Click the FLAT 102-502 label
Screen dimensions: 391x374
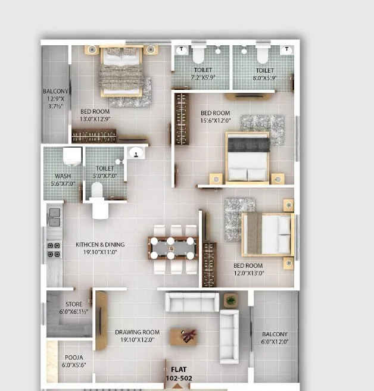coord(179,374)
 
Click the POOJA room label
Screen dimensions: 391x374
coord(74,361)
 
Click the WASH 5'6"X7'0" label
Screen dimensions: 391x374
coord(63,180)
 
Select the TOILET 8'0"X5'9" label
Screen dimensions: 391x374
coord(261,74)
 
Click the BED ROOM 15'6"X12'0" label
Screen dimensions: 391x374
coord(215,117)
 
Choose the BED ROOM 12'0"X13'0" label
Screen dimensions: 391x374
coord(248,270)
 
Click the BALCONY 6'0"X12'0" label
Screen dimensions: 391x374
coord(275,338)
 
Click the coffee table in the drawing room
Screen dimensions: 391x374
coord(184,337)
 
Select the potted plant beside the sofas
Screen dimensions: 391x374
coord(230,301)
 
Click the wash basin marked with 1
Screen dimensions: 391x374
coord(136,154)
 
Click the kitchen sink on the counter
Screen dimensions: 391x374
coord(54,217)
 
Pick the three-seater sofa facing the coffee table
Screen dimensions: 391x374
coord(191,302)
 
